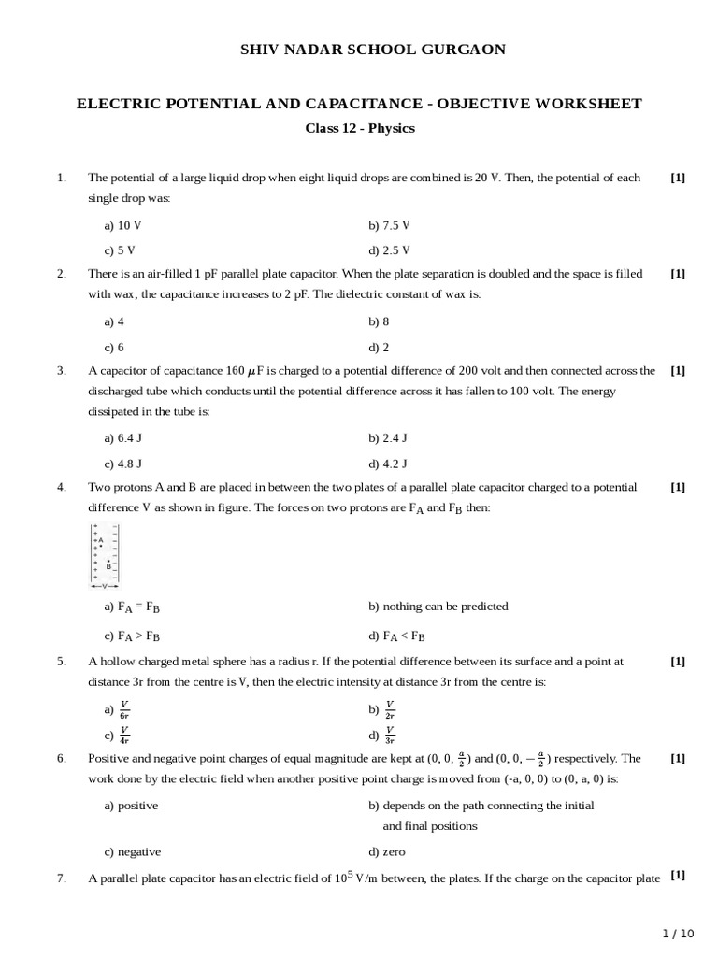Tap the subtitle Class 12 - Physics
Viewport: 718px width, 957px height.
click(360, 128)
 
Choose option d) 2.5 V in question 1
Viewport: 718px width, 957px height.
click(389, 250)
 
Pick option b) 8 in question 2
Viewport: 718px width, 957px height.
click(379, 321)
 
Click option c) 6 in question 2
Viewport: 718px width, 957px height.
click(114, 346)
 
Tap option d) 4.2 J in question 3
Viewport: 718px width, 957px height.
click(388, 463)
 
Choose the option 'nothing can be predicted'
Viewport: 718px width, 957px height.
click(438, 607)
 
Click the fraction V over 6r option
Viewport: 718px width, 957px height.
click(124, 709)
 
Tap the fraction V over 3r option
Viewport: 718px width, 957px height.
click(389, 735)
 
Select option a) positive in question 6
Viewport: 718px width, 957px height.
click(131, 806)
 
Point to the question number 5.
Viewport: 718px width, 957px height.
click(62, 661)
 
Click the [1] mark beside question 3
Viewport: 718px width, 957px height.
click(678, 370)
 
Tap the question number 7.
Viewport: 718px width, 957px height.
click(62, 878)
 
